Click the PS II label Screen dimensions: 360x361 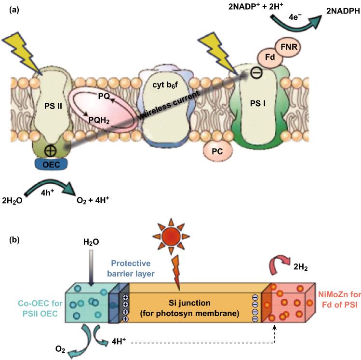(52, 104)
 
